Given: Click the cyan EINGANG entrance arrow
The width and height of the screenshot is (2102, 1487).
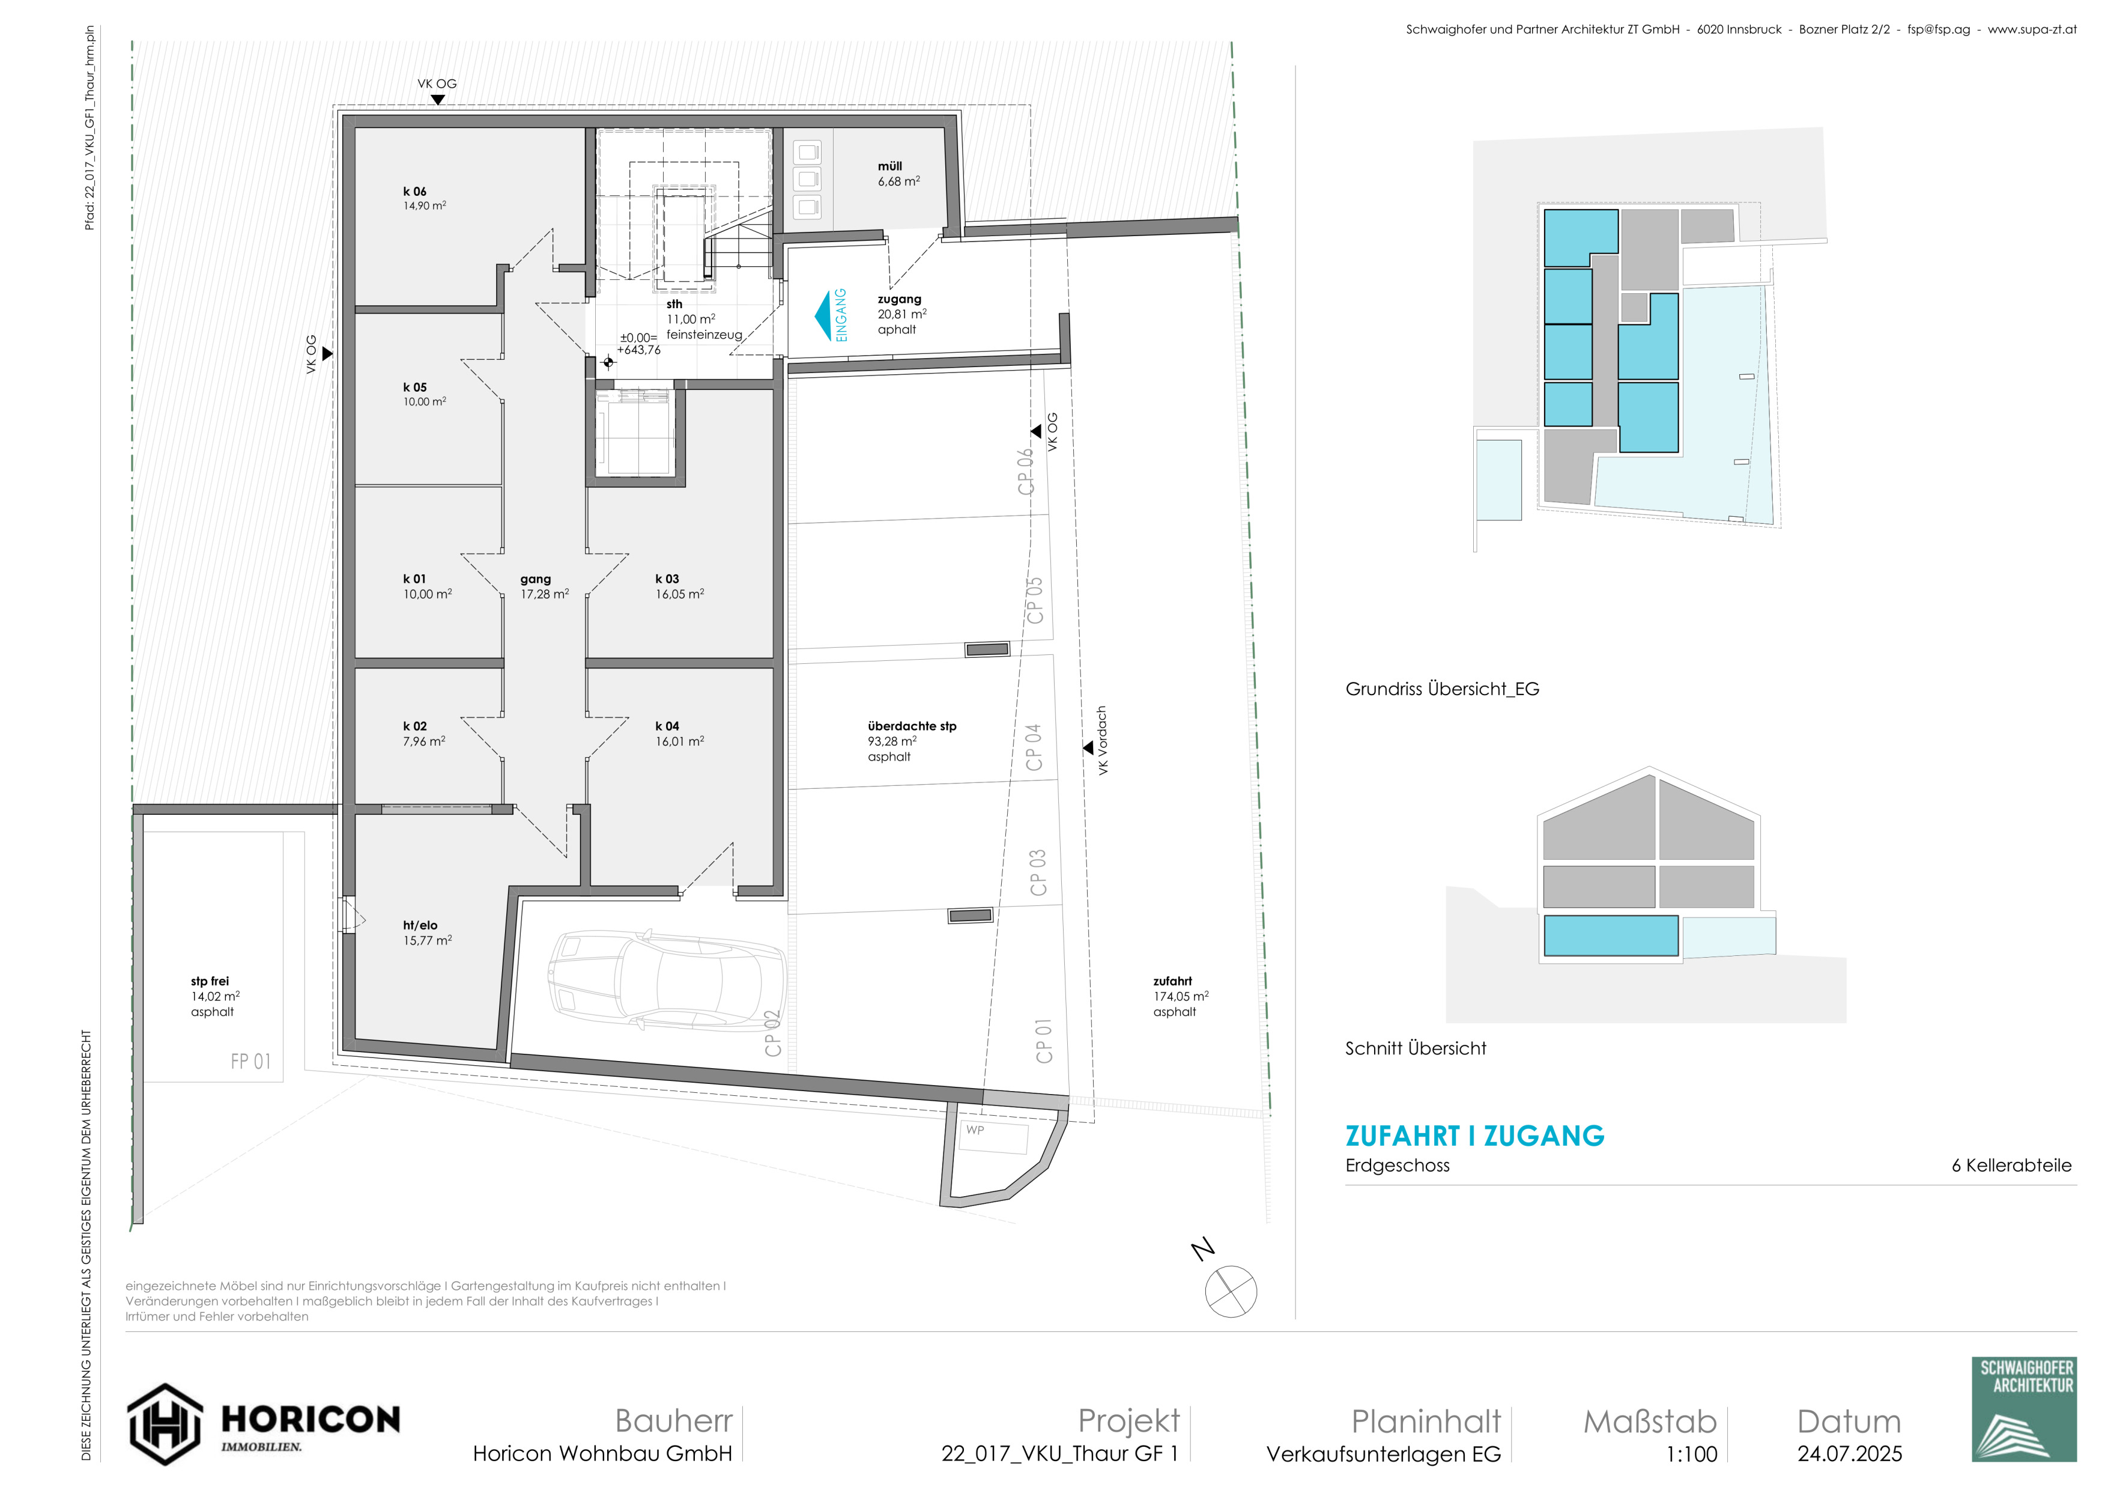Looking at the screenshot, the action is pyautogui.click(x=823, y=316).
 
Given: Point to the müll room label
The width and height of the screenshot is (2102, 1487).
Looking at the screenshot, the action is pyautogui.click(x=890, y=166).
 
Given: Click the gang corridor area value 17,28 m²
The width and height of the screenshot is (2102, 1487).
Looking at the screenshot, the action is pyautogui.click(x=545, y=594).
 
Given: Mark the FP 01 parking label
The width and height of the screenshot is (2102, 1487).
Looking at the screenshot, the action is pyautogui.click(x=251, y=1061).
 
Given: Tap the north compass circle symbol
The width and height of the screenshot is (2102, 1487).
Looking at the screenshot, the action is pyautogui.click(x=1231, y=1292).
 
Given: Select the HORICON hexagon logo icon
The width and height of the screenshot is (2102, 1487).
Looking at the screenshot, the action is pyautogui.click(x=165, y=1425).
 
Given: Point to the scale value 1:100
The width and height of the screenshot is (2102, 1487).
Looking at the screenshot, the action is pyautogui.click(x=1692, y=1454).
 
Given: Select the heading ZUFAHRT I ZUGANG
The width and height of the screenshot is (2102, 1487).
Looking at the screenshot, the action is pyautogui.click(x=1475, y=1136).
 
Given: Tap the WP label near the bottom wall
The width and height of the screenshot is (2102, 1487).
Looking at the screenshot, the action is pyautogui.click(x=975, y=1130).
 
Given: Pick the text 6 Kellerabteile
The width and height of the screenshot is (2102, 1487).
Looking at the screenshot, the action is pyautogui.click(x=2011, y=1166).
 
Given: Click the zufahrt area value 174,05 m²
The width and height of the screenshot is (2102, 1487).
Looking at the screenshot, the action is pyautogui.click(x=1181, y=996).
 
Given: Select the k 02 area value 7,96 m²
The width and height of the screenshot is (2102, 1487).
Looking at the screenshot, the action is pyautogui.click(x=424, y=741).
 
